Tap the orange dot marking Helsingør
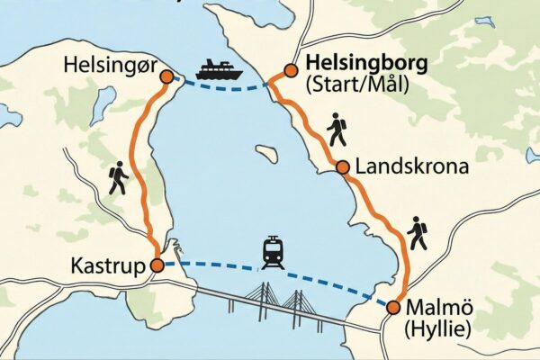166,77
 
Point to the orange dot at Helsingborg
290,69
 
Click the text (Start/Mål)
356,85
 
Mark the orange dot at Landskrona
342,166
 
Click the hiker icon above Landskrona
337,130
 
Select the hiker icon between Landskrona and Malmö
417,232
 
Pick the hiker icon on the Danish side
119,178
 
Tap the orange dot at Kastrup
157,265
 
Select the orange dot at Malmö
392,308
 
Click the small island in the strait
266,153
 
